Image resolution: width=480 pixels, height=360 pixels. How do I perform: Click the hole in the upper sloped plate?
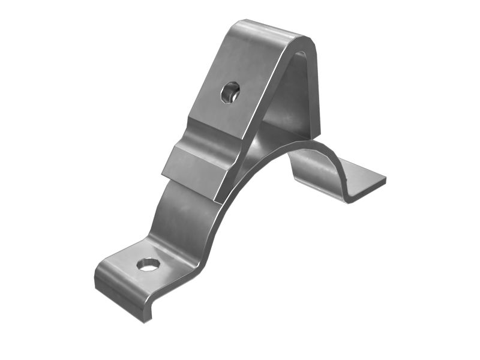(x=230, y=92)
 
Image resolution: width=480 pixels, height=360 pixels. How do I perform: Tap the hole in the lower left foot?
(x=148, y=263)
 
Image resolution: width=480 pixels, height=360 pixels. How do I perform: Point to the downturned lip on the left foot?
(x=120, y=298)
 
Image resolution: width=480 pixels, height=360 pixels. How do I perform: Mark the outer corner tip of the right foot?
(x=385, y=179)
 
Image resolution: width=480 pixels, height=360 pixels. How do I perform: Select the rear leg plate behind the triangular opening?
(x=300, y=96)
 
